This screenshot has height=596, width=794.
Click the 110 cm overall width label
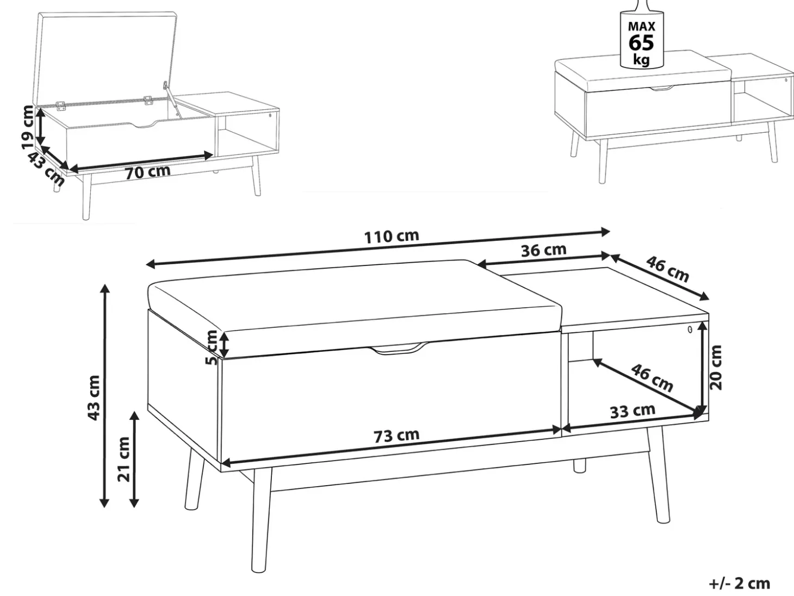click(x=392, y=237)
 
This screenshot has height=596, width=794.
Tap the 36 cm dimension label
click(x=543, y=250)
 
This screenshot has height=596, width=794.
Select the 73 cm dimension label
click(x=396, y=436)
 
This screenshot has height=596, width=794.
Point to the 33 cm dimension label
click(x=632, y=411)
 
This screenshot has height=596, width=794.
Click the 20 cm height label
click(x=716, y=368)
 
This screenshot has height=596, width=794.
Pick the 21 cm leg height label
click(x=123, y=460)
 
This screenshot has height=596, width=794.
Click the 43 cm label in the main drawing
click(x=94, y=398)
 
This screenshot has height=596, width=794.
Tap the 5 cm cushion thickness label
click(x=212, y=347)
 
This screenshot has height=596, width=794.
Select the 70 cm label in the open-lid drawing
click(x=148, y=172)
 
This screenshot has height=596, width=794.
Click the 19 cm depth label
click(x=28, y=127)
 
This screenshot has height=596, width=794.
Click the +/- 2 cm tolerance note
click(x=740, y=583)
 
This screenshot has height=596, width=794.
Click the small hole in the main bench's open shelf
click(x=690, y=330)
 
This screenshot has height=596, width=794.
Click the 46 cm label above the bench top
click(x=667, y=269)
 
